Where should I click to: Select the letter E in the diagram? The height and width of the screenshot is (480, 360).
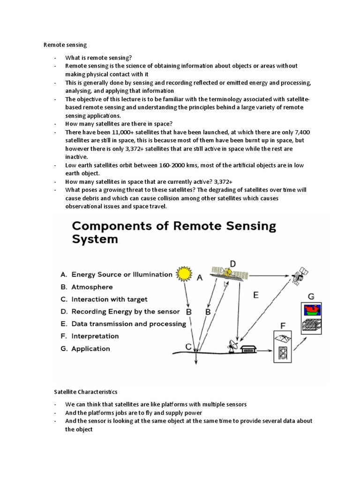(255, 295)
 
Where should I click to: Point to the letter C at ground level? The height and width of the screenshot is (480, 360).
(188, 347)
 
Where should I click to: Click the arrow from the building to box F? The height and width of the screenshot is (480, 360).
(265, 349)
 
